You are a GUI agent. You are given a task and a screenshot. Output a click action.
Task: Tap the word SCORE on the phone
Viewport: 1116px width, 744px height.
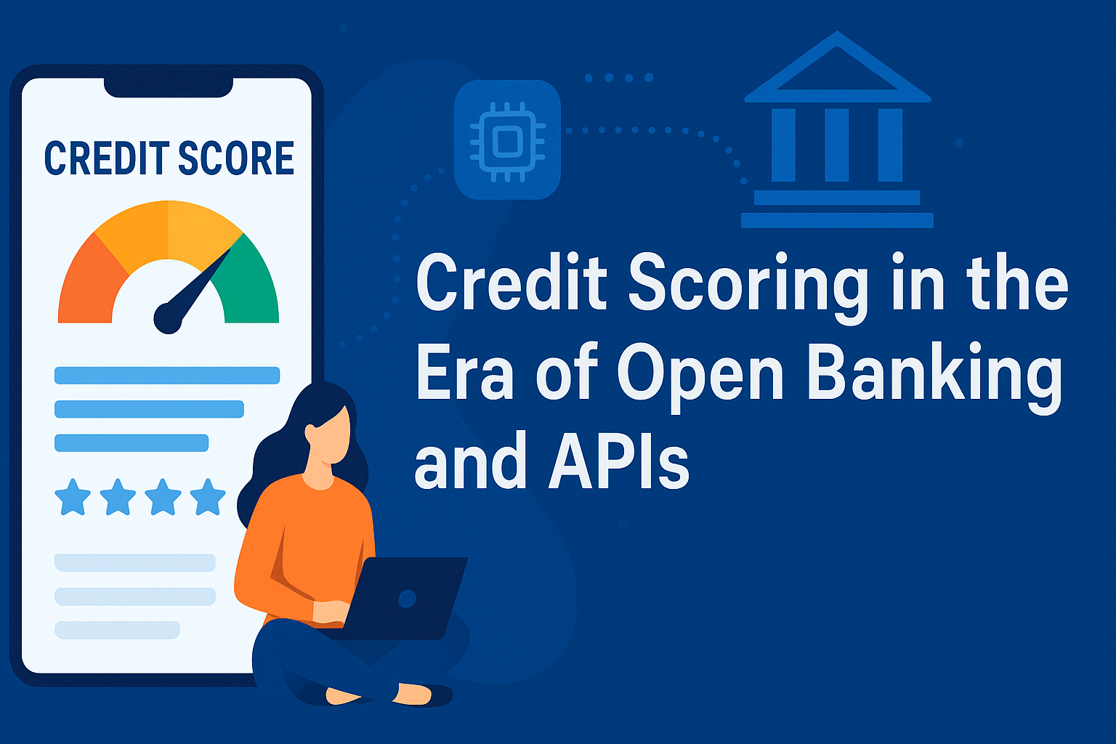pos(236,158)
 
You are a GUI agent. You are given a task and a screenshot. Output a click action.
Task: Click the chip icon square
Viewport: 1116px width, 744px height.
pos(507,139)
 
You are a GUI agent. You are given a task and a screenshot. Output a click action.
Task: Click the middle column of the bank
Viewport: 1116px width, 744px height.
pos(837,145)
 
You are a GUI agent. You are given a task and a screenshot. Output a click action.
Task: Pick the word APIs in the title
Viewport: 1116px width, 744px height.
pos(618,461)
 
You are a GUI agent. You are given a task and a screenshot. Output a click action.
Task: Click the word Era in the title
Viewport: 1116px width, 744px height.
pos(465,374)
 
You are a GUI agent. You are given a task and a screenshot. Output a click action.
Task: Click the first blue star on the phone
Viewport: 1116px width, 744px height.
pos(73,497)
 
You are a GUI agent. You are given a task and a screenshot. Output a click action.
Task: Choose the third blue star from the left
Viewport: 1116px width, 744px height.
pos(163,497)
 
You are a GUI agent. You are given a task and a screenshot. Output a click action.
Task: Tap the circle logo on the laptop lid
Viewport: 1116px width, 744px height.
pos(407,599)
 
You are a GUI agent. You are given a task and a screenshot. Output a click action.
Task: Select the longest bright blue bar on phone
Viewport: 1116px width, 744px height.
pos(167,376)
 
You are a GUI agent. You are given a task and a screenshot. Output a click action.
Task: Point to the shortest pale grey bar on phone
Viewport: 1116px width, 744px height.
pos(117,630)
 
